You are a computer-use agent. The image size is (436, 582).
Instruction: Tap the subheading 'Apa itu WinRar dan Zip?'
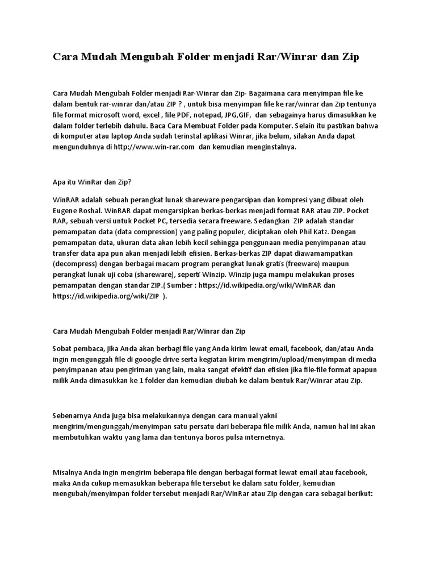click(x=91, y=182)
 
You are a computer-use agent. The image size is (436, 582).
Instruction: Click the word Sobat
click(x=64, y=348)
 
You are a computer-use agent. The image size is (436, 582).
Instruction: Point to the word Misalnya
click(x=68, y=472)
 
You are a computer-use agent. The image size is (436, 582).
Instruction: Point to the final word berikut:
click(x=357, y=494)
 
